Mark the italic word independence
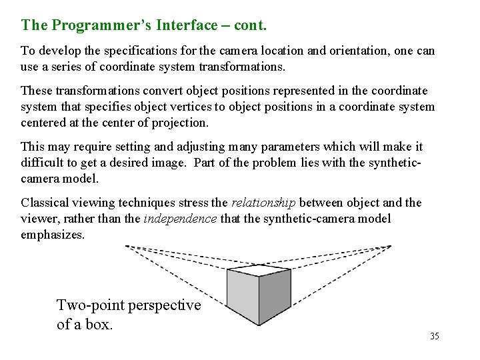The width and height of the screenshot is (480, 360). point(180,219)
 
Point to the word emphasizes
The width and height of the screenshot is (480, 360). point(53,235)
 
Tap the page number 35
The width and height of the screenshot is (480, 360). point(435,336)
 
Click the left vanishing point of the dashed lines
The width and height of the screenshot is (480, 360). point(127,247)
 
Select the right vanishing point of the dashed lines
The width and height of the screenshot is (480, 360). point(391,247)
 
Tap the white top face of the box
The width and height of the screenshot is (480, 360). point(259,271)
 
